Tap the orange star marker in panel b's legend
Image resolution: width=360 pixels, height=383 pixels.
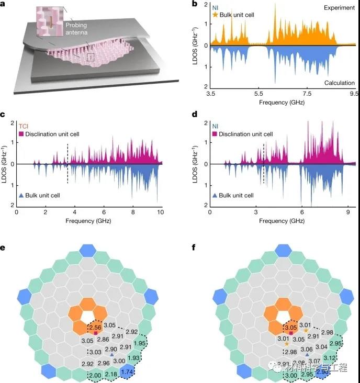point(215,15)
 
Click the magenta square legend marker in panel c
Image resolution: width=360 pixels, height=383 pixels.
point(21,134)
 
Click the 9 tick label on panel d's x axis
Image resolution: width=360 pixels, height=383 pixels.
point(346,214)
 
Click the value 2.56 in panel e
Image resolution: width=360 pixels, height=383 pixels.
point(95,327)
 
